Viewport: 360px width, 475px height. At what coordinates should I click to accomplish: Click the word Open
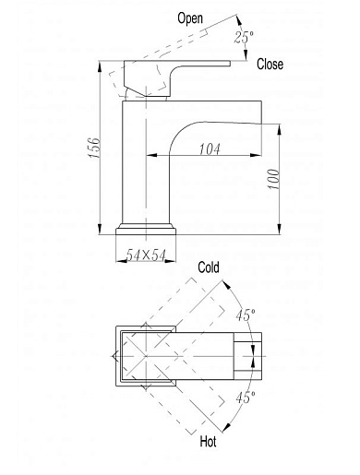click(190, 18)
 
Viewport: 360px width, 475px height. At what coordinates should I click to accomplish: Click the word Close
click(270, 65)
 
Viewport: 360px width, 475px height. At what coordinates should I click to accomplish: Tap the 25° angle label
click(244, 37)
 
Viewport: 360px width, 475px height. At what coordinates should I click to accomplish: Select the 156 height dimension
click(94, 148)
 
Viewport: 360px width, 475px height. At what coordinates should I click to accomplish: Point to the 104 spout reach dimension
click(210, 149)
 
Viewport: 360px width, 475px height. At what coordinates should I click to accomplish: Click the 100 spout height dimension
click(273, 179)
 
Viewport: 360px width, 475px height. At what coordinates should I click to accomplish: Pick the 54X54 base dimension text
click(146, 255)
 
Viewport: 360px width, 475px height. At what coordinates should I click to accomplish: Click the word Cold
click(209, 267)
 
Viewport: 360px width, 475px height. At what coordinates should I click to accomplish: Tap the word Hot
click(208, 442)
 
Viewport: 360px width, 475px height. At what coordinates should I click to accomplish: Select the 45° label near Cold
click(246, 315)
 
